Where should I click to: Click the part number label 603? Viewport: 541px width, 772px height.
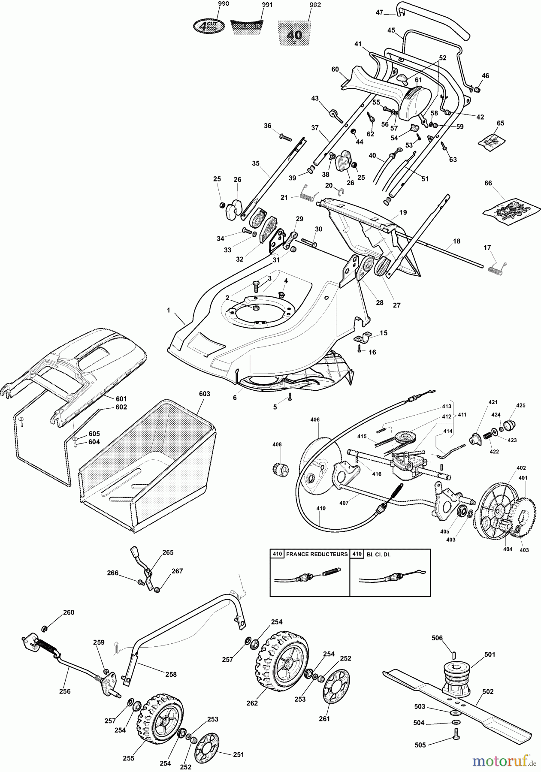(x=204, y=394)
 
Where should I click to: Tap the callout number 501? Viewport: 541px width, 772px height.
(x=490, y=654)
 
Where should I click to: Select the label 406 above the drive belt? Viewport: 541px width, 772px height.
(x=315, y=420)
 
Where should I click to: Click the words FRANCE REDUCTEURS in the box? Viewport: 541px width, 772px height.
(x=317, y=554)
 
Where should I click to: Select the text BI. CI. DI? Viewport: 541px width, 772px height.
(x=379, y=554)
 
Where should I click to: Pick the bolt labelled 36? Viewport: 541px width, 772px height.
(x=284, y=137)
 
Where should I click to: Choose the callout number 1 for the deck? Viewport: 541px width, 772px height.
(x=169, y=310)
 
